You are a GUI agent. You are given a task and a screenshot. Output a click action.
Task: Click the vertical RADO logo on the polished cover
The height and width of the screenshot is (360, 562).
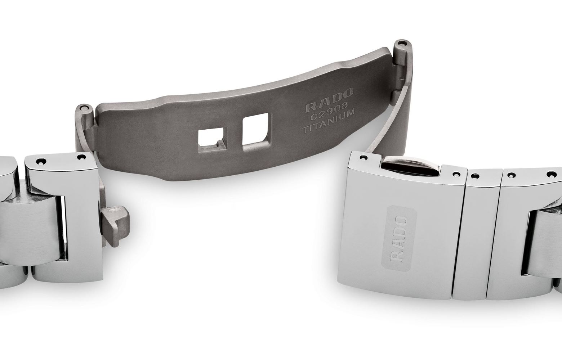pyautogui.click(x=399, y=239)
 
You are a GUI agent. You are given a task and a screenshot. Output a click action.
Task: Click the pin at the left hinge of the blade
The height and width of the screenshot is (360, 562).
pyautogui.click(x=84, y=108)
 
